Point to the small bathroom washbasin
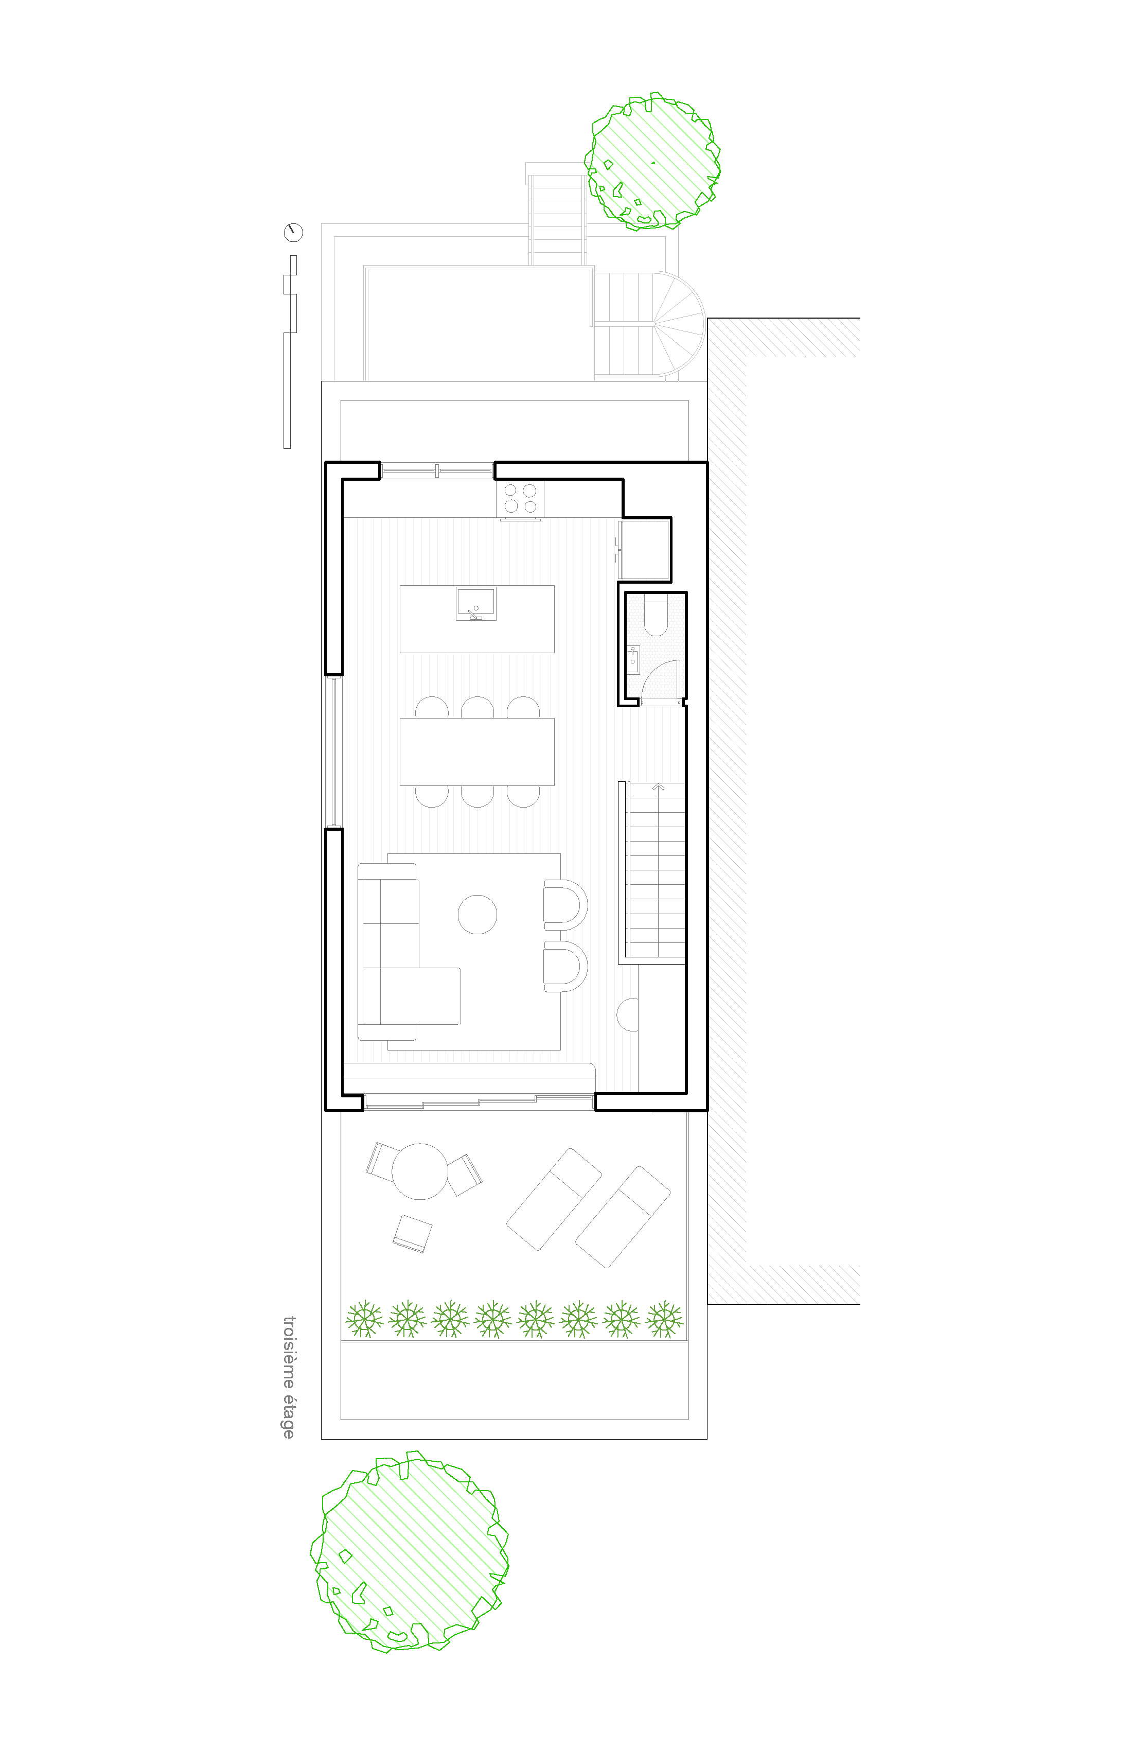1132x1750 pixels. (633, 659)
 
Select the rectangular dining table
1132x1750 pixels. (477, 751)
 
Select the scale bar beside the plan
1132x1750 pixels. (290, 352)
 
